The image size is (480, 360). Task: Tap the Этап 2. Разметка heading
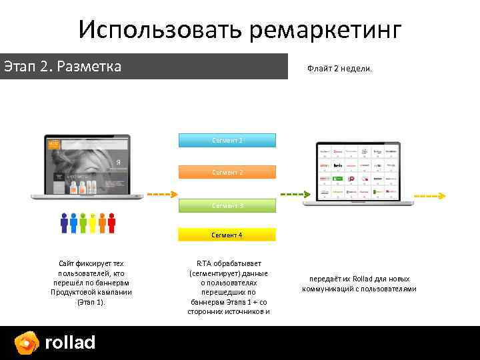click(x=63, y=67)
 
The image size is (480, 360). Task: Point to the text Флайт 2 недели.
click(x=340, y=69)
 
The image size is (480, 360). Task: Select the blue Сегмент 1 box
click(x=227, y=141)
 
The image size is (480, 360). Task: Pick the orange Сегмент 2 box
click(x=227, y=173)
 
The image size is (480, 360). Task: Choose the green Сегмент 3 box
click(x=227, y=206)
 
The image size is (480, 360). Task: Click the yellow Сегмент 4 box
click(x=227, y=235)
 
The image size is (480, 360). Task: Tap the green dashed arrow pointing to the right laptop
click(x=291, y=195)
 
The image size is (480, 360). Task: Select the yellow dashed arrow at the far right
click(x=429, y=196)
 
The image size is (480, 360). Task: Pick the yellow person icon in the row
click(x=93, y=223)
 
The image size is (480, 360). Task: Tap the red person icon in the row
click(x=111, y=223)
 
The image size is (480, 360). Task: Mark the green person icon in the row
click(x=83, y=223)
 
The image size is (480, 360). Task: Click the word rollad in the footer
click(x=70, y=343)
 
